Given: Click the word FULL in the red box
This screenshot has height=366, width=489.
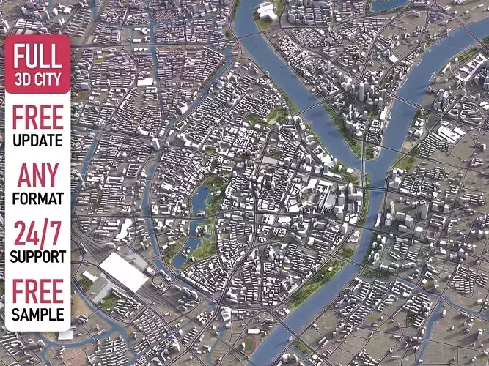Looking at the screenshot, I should [37, 56].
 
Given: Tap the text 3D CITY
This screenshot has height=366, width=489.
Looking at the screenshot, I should [37, 78].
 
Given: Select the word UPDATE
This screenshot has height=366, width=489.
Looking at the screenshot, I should [37, 140].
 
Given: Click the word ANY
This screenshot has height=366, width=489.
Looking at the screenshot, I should [37, 176].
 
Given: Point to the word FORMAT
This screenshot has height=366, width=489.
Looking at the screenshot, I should [37, 198].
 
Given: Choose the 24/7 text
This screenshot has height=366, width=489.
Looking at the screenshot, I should [37, 234].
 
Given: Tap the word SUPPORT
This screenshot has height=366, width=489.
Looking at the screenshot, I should [37, 257].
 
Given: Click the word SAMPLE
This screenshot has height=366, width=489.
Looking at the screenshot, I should [37, 315].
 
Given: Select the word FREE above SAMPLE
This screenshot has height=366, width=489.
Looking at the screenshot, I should [37, 291].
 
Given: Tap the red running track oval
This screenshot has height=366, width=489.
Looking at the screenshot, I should [252, 342].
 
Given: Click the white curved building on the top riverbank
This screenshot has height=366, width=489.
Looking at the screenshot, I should [267, 11].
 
